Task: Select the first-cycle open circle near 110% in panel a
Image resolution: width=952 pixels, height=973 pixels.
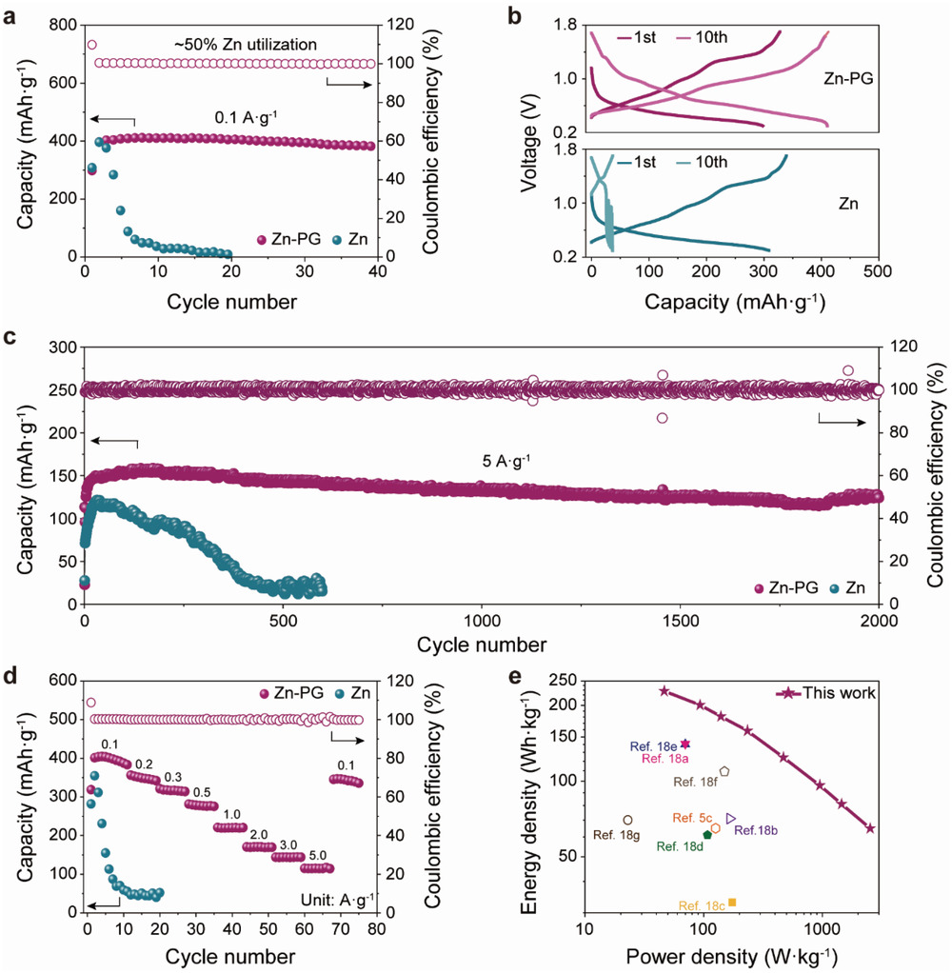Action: click(x=92, y=45)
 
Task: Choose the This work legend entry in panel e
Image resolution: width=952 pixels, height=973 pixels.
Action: click(x=835, y=693)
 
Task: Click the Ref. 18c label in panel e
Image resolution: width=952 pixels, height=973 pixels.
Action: click(x=702, y=905)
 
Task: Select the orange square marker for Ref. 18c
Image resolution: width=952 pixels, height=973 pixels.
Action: click(x=731, y=902)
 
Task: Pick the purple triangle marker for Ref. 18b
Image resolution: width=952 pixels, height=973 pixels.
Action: click(x=730, y=818)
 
